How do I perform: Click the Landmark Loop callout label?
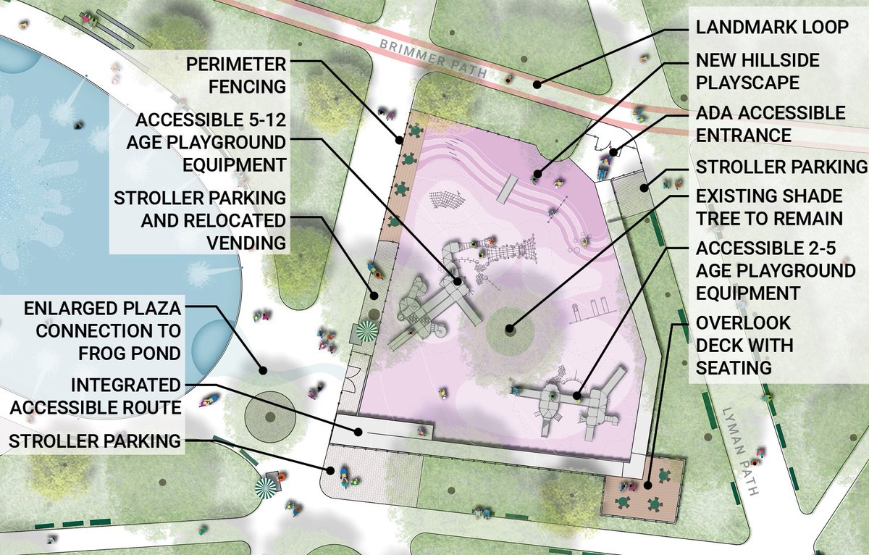[771, 28]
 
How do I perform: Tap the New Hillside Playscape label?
[757, 71]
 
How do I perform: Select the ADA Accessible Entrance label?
[770, 124]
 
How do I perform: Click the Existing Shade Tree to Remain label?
[769, 207]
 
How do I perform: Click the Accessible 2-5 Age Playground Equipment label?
[775, 271]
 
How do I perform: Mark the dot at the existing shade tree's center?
[510, 330]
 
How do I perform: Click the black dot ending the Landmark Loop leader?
[537, 85]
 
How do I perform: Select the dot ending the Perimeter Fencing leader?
[399, 139]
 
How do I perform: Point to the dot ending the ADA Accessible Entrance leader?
[613, 152]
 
